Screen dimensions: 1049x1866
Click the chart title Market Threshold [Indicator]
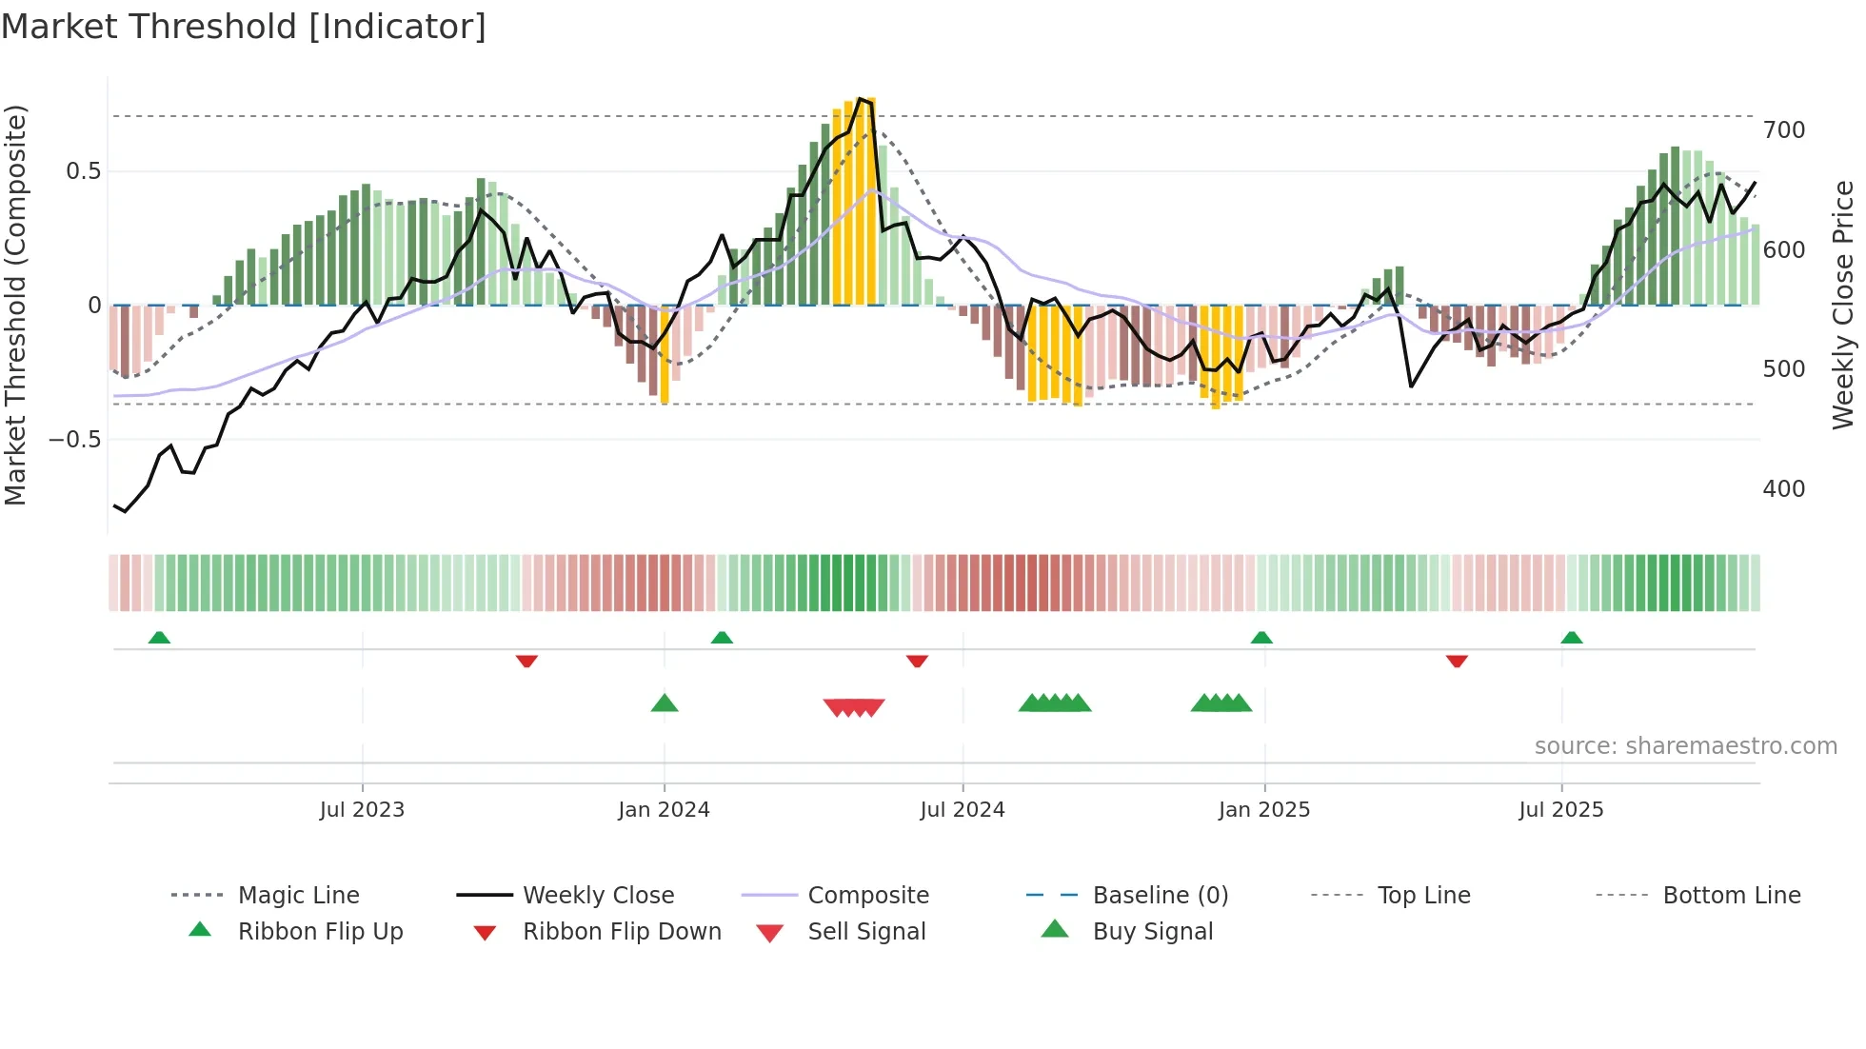click(244, 27)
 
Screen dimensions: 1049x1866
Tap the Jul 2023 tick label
click(362, 810)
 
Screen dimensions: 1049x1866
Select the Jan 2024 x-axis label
click(664, 810)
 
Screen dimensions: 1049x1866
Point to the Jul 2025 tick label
click(1560, 810)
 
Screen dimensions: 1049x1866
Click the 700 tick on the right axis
click(1783, 129)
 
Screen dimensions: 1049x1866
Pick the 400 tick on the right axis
click(1783, 488)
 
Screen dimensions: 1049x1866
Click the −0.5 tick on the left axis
click(74, 439)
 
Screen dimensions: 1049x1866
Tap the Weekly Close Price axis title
click(1843, 305)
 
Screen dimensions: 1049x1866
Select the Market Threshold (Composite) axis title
click(15, 305)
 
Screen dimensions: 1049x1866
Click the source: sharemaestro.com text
click(1685, 746)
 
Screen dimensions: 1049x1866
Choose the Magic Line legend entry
click(298, 896)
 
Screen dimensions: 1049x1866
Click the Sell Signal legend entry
click(865, 932)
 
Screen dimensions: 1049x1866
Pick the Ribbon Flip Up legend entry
click(320, 932)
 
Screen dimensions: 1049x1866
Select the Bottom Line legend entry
click(1731, 896)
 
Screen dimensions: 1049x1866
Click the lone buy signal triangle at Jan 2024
click(665, 703)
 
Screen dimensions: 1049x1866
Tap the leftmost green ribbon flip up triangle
click(159, 638)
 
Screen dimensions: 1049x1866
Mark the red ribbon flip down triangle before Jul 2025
click(1457, 661)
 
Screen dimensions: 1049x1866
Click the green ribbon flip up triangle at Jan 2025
click(1261, 638)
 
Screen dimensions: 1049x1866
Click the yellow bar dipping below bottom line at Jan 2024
click(665, 362)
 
